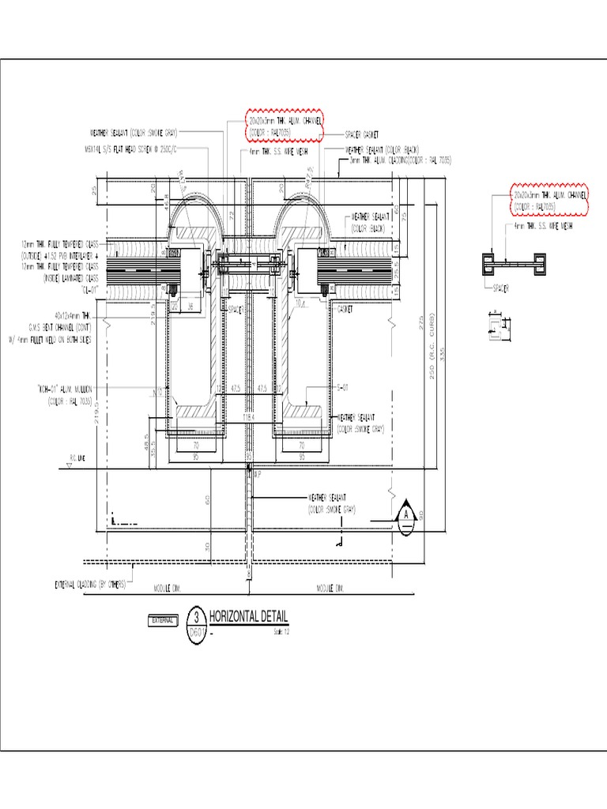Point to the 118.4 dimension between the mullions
point(249,417)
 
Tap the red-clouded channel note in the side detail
point(548,199)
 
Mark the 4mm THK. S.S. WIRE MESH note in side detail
point(543,226)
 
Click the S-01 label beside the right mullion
point(341,388)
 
